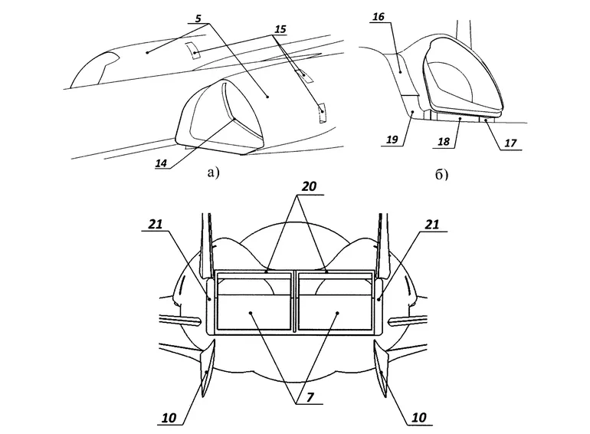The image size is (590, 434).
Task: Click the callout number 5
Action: (x=198, y=18)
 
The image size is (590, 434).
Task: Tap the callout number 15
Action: (x=280, y=29)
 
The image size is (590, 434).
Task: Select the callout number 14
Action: (x=161, y=163)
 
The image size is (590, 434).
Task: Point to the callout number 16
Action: (x=379, y=17)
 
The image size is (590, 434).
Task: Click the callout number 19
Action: (x=392, y=140)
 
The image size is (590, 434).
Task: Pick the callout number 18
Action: (x=444, y=142)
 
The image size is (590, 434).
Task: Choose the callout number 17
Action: (x=510, y=143)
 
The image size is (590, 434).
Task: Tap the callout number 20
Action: (x=309, y=186)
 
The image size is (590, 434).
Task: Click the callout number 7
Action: (x=310, y=397)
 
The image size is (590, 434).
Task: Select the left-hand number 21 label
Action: (x=155, y=225)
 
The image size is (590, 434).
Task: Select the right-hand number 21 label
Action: (x=432, y=225)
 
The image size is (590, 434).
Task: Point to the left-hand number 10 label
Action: (x=169, y=418)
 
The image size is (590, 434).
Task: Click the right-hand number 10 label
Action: (x=419, y=417)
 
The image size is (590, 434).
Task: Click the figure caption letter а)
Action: (x=212, y=173)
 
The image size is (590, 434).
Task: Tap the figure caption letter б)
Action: (x=442, y=175)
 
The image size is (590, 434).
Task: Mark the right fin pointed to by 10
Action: (x=381, y=367)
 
